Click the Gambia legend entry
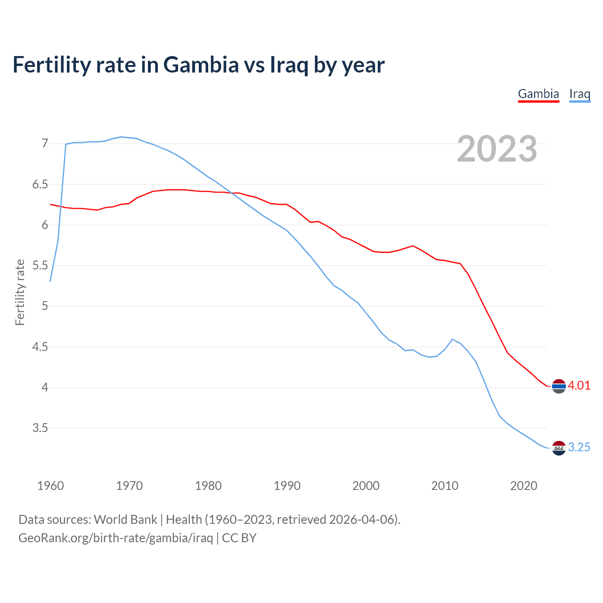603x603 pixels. [x=538, y=94]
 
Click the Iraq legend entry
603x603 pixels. [x=579, y=94]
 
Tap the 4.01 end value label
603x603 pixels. [x=579, y=385]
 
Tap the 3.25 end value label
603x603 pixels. [x=579, y=447]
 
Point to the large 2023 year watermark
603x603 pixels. [x=497, y=149]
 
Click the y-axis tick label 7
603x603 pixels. [x=45, y=143]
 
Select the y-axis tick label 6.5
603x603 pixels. [x=40, y=184]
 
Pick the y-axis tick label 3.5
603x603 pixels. [x=40, y=428]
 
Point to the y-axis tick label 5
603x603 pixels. [x=45, y=306]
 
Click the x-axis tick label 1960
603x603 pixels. [x=50, y=486]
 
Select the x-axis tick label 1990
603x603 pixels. [x=287, y=486]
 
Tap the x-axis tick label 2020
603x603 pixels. [x=523, y=486]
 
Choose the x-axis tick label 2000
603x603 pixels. [x=366, y=486]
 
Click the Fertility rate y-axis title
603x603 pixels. [x=20, y=292]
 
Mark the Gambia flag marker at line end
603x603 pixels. [x=559, y=386]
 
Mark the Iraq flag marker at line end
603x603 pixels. [x=559, y=448]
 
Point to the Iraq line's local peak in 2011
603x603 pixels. [x=452, y=339]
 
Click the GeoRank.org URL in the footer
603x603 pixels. [x=115, y=538]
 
